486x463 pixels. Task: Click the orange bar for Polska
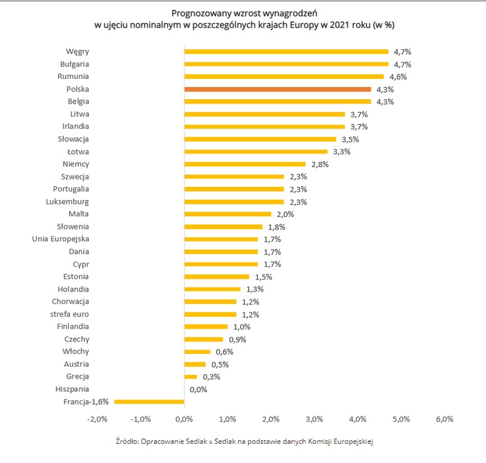(278, 89)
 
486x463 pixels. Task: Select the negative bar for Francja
(149, 401)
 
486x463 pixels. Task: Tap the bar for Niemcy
(245, 164)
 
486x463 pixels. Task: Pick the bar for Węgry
(286, 52)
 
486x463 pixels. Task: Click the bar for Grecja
(191, 377)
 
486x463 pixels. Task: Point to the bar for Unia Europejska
(221, 239)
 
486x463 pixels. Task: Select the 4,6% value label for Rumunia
(398, 77)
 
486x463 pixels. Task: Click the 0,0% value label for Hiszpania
(199, 389)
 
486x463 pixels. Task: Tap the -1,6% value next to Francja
(99, 401)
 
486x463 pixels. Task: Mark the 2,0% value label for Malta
(285, 215)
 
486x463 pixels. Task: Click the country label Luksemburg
(67, 202)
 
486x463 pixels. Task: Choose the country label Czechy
(76, 339)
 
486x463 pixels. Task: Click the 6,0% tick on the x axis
(444, 419)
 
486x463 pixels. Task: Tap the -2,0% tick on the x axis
(98, 419)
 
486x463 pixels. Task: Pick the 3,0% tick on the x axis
(314, 419)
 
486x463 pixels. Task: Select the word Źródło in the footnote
(126, 441)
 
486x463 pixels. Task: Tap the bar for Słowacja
(260, 139)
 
